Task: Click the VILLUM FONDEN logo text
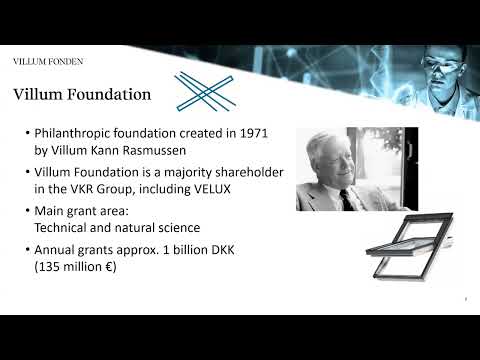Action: pos(48,62)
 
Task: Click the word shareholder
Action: pos(246,173)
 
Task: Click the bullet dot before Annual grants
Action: pos(27,249)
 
